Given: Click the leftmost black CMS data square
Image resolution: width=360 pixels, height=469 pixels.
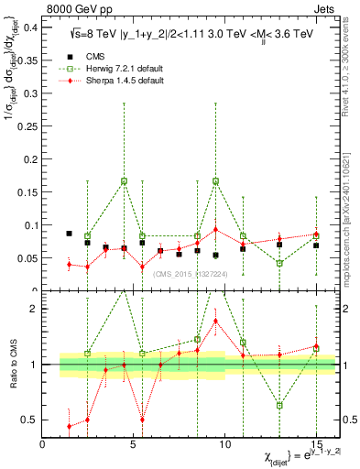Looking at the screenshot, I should (70, 234).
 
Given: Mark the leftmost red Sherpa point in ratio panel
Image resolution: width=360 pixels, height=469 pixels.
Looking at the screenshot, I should (70, 426).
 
